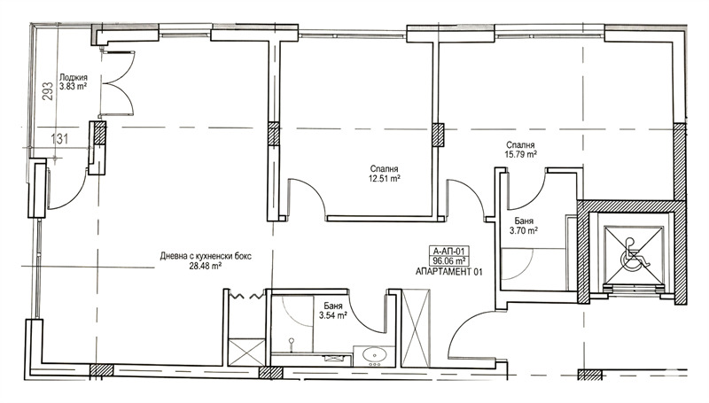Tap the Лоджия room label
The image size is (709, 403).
tap(74, 78)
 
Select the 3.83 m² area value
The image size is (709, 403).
tap(74, 86)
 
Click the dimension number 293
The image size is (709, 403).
tap(48, 91)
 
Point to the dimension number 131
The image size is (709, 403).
tap(59, 139)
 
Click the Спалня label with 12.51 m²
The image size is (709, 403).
tap(384, 169)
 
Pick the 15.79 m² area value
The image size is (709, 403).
tap(520, 154)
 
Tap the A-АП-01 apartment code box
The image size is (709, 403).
tap(449, 252)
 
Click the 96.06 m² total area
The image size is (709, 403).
tap(449, 261)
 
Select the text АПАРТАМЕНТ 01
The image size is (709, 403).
tap(449, 272)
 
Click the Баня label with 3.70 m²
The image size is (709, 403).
tap(524, 221)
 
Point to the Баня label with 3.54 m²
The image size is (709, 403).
tap(333, 306)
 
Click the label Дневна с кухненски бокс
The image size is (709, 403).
tap(206, 256)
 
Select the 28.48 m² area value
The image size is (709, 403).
tap(206, 266)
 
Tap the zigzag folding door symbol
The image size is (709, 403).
tap(246, 297)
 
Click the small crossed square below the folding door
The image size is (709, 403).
tap(246, 353)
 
